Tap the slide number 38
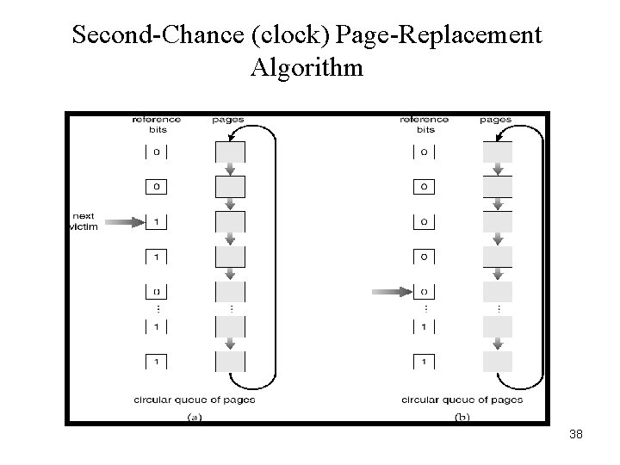576,435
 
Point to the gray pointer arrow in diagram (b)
392,293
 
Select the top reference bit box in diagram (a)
156,152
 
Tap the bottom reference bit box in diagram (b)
423,361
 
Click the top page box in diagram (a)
229,152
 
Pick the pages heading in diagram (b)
495,120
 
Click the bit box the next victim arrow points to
156,222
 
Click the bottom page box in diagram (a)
229,361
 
